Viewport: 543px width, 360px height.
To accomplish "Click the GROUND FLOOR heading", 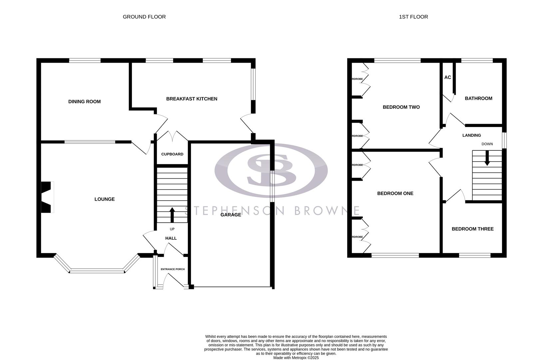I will [x=144, y=17].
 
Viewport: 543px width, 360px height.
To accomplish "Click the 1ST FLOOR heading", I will [x=413, y=17].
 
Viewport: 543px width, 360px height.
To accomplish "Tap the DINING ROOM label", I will [x=84, y=102].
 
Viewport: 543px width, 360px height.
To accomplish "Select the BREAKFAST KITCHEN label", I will [x=192, y=99].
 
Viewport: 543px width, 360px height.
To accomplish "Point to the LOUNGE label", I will [x=104, y=199].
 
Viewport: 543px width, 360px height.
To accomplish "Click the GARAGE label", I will [x=231, y=215].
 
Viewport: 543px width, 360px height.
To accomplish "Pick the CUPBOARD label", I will [x=172, y=154].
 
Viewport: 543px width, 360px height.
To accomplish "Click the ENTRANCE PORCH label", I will [x=173, y=269].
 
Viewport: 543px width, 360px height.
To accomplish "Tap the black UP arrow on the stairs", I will [x=172, y=215].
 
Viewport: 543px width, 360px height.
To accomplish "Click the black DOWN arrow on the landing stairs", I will [x=487, y=158].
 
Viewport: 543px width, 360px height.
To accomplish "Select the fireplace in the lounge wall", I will [x=47, y=197].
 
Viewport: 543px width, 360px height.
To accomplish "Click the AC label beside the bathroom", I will [x=447, y=77].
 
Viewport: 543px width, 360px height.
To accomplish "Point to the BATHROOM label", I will [x=478, y=98].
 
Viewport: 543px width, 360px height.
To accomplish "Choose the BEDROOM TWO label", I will [x=401, y=107].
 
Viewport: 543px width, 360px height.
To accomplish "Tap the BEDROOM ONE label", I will [x=395, y=193].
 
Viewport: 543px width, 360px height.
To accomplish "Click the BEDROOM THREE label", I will [x=472, y=229].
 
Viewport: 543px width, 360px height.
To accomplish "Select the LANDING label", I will [x=471, y=135].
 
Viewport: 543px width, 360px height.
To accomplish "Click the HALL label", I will [x=171, y=238].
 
